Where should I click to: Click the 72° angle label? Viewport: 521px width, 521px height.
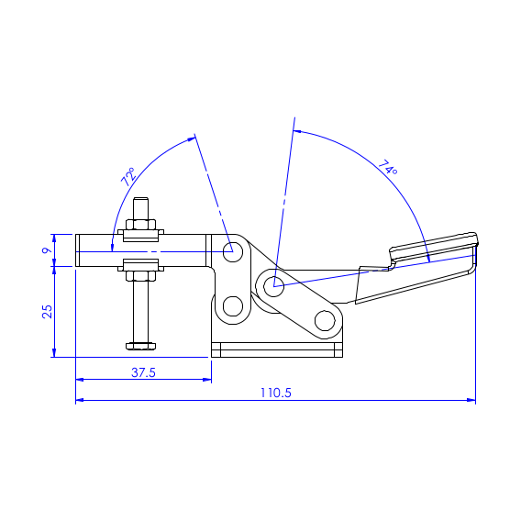[128, 176]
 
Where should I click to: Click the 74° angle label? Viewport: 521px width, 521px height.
[388, 168]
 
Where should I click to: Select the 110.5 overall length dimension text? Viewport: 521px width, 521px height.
[275, 392]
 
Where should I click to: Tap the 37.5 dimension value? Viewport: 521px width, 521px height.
[143, 372]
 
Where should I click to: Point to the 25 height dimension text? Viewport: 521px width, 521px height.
[46, 311]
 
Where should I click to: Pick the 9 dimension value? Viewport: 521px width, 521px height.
[46, 249]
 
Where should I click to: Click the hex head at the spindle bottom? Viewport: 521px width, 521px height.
[140, 346]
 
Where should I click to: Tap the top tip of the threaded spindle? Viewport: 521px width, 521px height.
[140, 202]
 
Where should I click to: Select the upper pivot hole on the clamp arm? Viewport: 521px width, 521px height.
[232, 250]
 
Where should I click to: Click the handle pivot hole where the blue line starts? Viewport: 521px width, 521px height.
[272, 286]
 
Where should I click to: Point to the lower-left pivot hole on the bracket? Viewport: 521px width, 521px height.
[232, 305]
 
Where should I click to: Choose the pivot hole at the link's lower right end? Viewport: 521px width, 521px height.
[324, 320]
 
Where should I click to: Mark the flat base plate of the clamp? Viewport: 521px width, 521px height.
[276, 350]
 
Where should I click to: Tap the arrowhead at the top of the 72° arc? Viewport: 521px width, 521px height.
[194, 138]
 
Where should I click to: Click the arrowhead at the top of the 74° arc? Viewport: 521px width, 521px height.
[296, 131]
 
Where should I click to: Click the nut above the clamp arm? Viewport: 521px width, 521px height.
[140, 227]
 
